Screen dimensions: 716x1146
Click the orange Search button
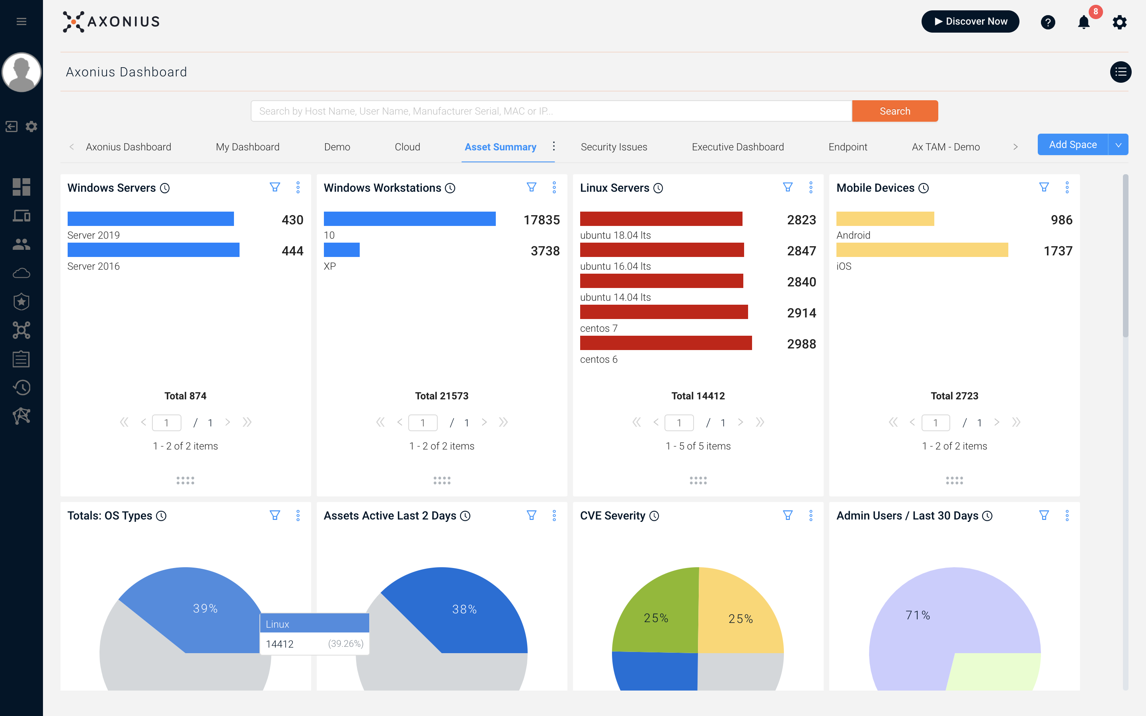pos(895,111)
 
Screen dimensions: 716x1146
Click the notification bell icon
pos(1084,22)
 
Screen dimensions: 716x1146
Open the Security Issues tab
pos(614,147)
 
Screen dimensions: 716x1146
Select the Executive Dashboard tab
pos(737,147)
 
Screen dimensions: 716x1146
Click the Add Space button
pos(1072,144)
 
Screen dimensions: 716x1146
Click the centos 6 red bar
pos(665,343)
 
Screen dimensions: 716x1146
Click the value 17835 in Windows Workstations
pos(541,220)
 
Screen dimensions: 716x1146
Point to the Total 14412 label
pos(698,396)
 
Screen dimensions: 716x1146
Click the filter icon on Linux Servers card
pos(787,187)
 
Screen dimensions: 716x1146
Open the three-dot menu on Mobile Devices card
pos(1067,187)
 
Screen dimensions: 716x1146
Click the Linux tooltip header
pos(314,624)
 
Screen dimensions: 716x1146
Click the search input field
pos(551,111)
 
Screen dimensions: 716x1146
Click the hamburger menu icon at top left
pos(21,21)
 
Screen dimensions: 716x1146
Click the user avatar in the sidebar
pos(21,72)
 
